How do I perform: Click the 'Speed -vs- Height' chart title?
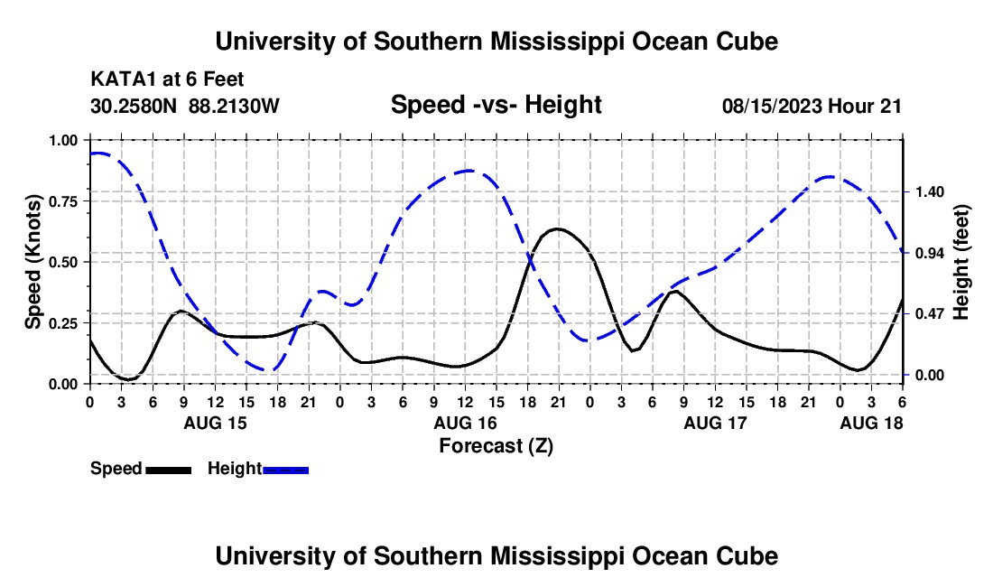point(496,105)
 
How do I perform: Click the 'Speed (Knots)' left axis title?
point(32,262)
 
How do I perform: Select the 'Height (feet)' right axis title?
point(961,262)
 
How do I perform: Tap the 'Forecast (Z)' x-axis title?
point(495,445)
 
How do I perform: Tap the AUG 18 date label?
point(871,423)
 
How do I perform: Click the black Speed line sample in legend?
point(168,469)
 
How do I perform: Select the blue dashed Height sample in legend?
point(285,469)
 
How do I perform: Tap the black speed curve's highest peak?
point(558,228)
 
